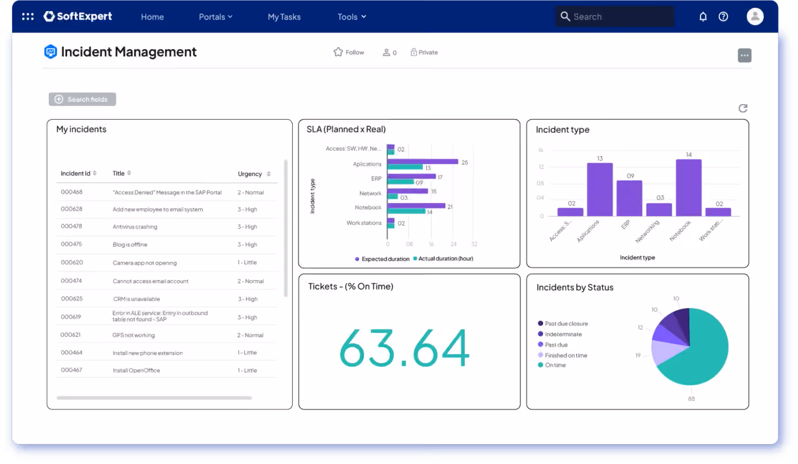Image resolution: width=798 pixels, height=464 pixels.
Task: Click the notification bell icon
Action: [x=703, y=17]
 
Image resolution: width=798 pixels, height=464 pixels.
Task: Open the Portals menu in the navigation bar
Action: [x=216, y=17]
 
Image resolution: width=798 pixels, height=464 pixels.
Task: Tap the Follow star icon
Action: [x=338, y=52]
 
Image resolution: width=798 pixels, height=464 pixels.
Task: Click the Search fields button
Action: [x=82, y=99]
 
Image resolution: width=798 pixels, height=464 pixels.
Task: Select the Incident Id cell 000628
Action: [x=71, y=209]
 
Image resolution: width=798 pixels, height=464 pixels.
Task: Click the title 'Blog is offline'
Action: [x=130, y=244]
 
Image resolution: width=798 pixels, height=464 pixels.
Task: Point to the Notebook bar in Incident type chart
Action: [x=689, y=188]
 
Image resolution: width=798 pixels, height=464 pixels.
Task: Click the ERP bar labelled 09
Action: [x=629, y=198]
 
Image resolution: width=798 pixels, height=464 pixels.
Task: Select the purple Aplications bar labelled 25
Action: [x=422, y=162]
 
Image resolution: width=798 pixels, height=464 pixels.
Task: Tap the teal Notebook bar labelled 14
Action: [x=407, y=212]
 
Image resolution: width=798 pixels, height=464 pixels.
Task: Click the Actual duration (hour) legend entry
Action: [x=443, y=259]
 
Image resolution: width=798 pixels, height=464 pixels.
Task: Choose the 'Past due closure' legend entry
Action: [x=563, y=323]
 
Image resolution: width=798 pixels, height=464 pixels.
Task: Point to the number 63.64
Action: [x=405, y=348]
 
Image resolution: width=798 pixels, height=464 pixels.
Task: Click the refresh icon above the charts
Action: [x=743, y=108]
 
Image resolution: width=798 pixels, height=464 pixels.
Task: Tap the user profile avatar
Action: [x=755, y=17]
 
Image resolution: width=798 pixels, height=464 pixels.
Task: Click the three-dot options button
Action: [x=745, y=55]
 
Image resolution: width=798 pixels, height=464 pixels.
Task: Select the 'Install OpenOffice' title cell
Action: [x=136, y=370]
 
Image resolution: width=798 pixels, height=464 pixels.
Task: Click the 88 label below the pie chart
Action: [x=692, y=399]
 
